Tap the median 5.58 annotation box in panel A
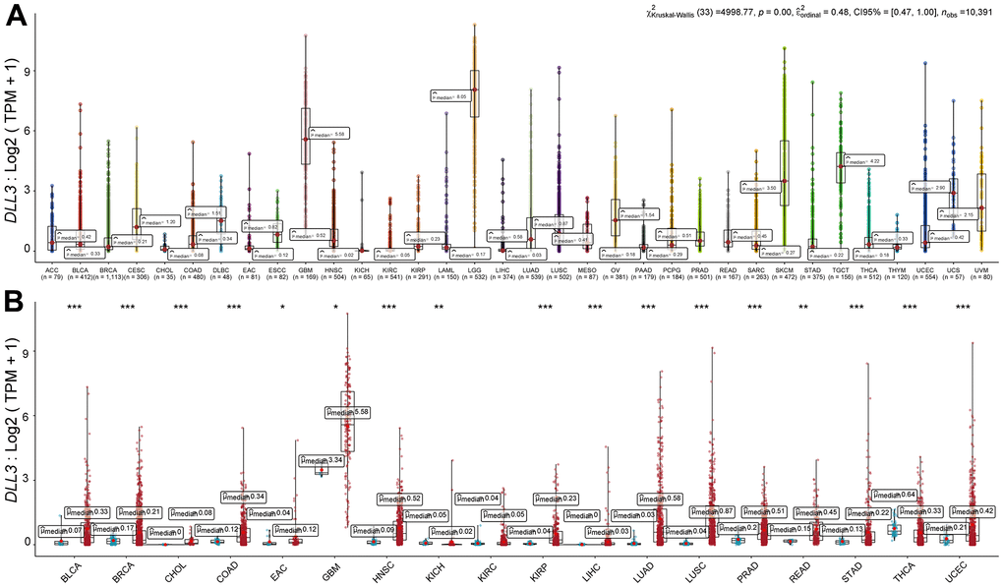[327, 133]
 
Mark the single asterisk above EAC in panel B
[282, 309]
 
